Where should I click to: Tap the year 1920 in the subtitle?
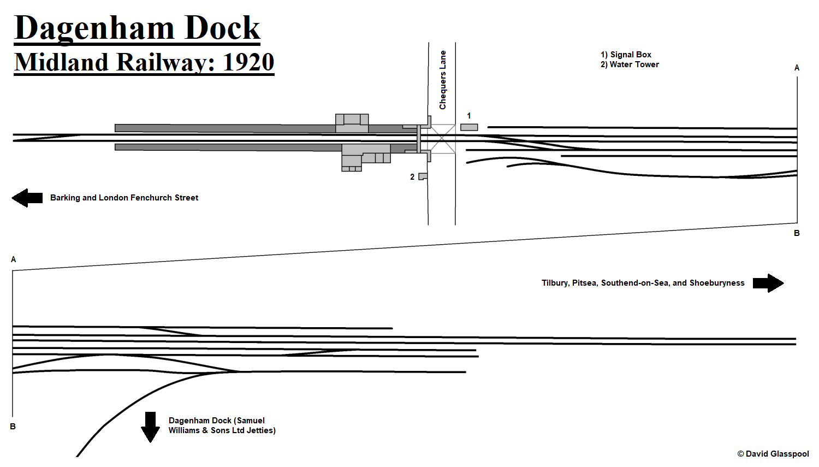pos(248,62)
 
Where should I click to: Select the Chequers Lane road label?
pos(443,80)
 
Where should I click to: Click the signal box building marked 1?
pos(469,127)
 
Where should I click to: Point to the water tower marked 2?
pos(423,176)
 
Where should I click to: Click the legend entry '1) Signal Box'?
pos(626,55)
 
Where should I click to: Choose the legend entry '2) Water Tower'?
pos(630,64)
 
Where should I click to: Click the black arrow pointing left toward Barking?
pos(27,198)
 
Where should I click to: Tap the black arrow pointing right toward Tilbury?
pos(768,283)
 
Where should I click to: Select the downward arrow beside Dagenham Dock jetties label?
pos(150,427)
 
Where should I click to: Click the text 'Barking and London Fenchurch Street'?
pos(124,198)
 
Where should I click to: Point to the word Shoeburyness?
pos(717,283)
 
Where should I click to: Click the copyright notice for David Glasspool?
pos(773,454)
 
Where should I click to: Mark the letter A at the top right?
pos(797,68)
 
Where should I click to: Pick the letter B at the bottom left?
pos(13,427)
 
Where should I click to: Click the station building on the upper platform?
pos(352,123)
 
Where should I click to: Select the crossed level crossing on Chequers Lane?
pos(442,139)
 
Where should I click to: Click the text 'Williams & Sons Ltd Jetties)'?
pos(222,430)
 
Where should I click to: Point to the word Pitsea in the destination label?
pos(584,283)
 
